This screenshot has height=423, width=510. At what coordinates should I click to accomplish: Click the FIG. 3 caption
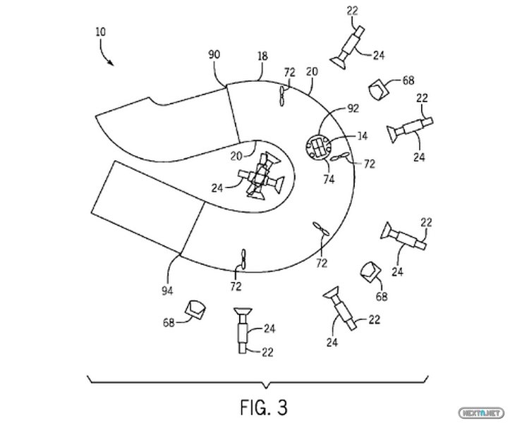(264, 407)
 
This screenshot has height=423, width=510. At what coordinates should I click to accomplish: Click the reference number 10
(101, 32)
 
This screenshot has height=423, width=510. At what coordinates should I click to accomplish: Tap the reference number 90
(214, 54)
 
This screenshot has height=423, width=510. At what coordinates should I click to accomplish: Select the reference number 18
(262, 56)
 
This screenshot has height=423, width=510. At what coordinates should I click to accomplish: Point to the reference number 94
(167, 291)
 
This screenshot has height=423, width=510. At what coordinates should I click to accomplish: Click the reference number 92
(353, 109)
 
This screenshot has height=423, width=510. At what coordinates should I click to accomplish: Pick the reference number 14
(362, 135)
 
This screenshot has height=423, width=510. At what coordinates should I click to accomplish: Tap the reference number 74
(329, 179)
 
